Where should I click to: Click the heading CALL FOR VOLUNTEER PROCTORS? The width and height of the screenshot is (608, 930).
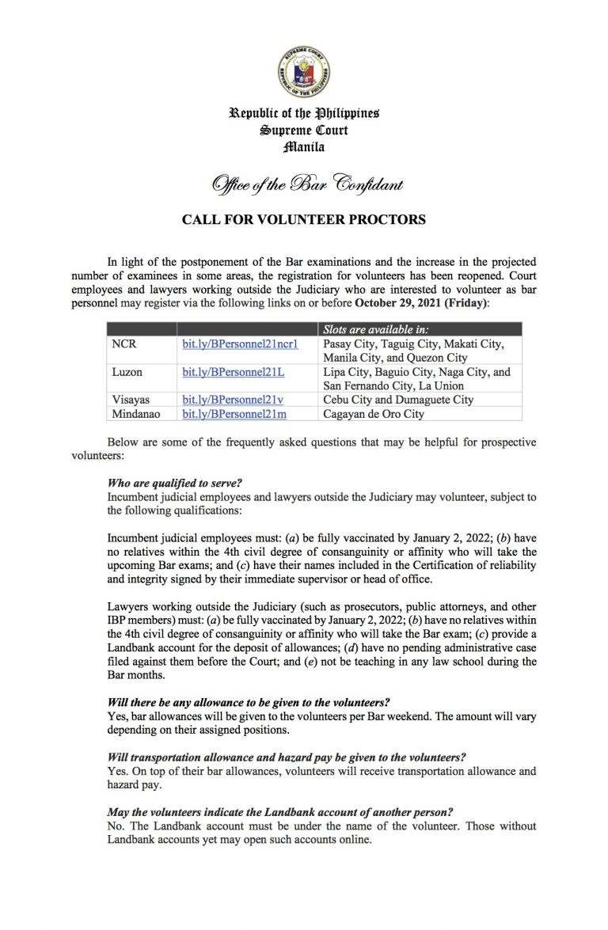[x=304, y=220]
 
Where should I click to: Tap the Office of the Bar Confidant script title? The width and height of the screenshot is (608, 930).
[x=306, y=184]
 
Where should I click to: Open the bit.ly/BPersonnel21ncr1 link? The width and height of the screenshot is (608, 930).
[x=229, y=344]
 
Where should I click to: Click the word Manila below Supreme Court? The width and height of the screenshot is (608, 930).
[x=305, y=147]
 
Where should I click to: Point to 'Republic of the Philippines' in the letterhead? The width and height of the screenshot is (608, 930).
[x=305, y=113]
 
